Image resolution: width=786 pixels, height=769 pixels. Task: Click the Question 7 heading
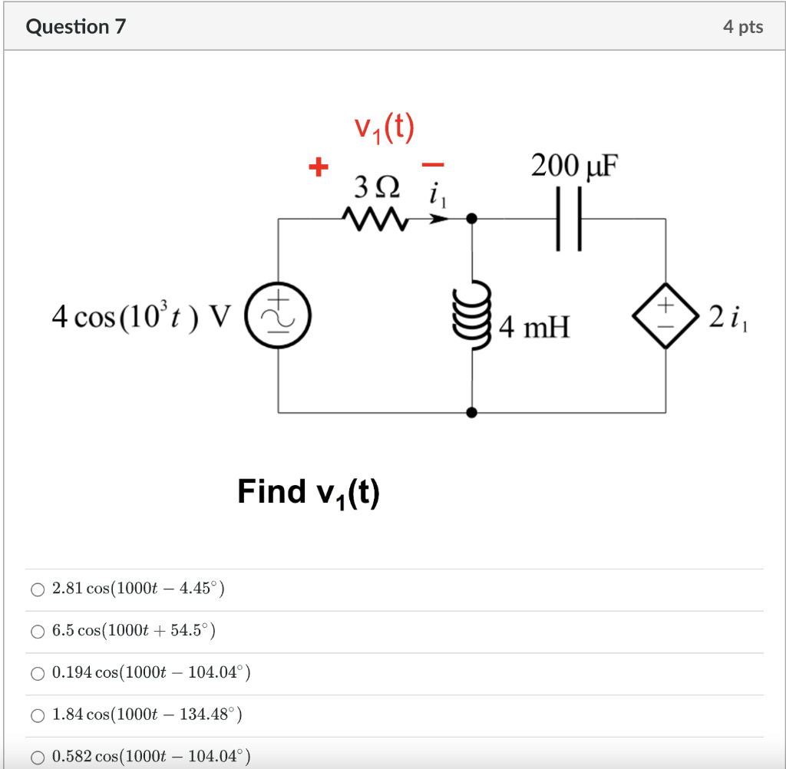(x=76, y=27)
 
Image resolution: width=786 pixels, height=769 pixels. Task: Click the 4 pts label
(x=742, y=27)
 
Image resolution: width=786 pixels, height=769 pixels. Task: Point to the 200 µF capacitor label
(x=574, y=165)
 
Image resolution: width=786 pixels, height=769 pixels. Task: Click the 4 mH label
(x=534, y=329)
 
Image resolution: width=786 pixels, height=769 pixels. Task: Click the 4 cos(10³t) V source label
(x=140, y=316)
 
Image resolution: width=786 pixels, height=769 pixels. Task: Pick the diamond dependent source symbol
(x=664, y=315)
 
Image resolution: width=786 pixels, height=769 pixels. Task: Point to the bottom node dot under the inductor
(x=471, y=412)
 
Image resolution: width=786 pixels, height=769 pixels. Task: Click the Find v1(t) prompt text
(x=309, y=491)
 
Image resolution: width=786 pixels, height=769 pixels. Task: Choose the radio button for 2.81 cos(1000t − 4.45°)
(x=38, y=589)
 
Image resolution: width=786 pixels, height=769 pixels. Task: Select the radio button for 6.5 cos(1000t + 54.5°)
(x=38, y=632)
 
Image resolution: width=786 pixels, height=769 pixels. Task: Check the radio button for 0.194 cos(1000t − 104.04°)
(x=38, y=674)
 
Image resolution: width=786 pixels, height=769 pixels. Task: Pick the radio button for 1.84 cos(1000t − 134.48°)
(x=38, y=716)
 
